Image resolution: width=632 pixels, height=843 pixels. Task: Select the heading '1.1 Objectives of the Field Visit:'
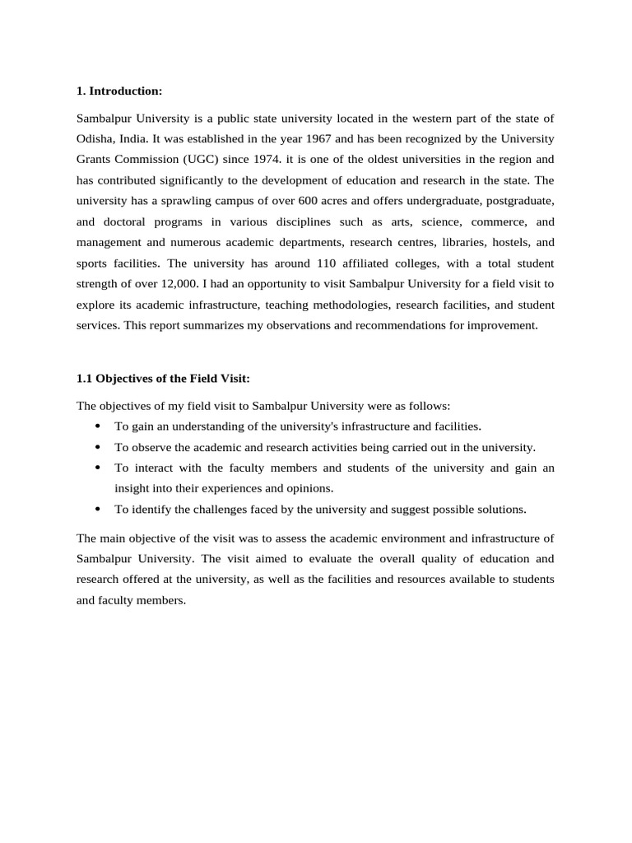pos(163,379)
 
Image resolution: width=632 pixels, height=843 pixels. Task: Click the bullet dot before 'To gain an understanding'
pos(98,426)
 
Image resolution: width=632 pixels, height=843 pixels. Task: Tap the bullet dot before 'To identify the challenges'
pos(98,510)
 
